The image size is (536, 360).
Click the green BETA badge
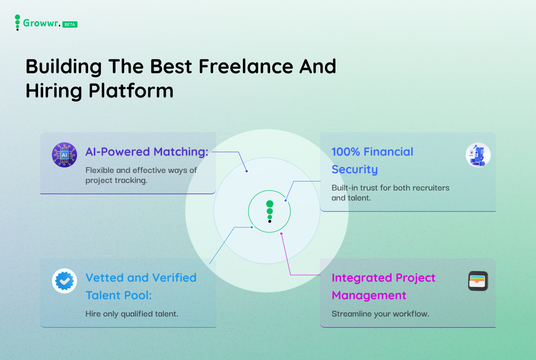tap(70, 24)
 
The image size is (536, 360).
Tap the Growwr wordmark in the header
tap(41, 23)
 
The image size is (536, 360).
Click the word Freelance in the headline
tap(246, 66)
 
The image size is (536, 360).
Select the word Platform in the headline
tap(131, 91)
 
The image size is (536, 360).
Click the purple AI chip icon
tap(64, 155)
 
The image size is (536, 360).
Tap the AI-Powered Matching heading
tap(147, 152)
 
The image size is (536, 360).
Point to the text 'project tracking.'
tap(116, 180)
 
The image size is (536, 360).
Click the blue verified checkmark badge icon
tap(64, 281)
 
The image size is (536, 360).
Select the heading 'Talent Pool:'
tap(119, 295)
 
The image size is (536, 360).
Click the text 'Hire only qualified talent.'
tap(132, 314)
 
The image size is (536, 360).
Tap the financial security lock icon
tap(478, 155)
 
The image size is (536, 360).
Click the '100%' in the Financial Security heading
tap(346, 152)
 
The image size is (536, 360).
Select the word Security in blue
tap(355, 170)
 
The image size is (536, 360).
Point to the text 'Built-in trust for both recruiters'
tap(391, 188)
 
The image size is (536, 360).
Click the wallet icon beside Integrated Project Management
tap(478, 281)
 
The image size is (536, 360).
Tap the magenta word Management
tap(369, 295)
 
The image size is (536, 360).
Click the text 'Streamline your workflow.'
tap(381, 314)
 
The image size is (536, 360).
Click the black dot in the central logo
tap(270, 221)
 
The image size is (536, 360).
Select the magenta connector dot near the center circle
tap(281, 234)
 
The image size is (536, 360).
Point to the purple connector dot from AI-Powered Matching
tap(247, 171)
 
